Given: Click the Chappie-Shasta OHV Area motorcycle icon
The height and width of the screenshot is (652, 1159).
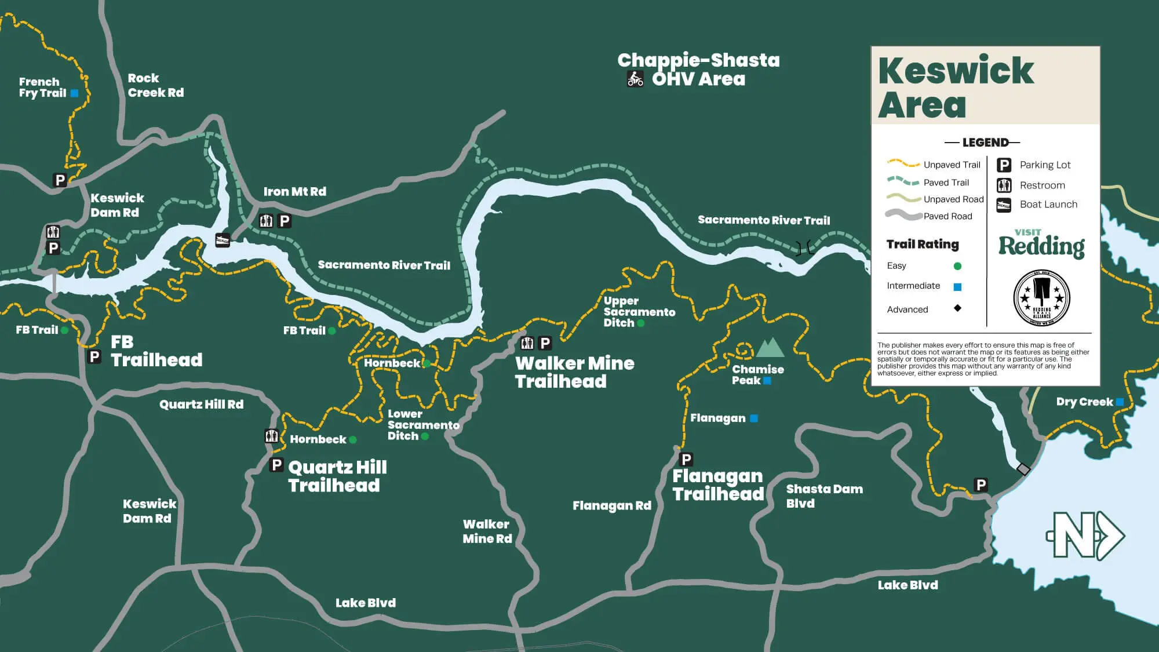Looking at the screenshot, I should coord(635,79).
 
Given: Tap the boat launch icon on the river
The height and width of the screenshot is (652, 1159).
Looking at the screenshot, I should coord(223,239).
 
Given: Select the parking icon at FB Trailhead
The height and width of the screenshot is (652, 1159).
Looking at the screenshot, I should coord(94,356).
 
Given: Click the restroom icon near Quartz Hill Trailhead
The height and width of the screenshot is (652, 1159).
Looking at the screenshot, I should coord(271,436).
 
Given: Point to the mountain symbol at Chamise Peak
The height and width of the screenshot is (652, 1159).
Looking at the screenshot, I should coord(770,348).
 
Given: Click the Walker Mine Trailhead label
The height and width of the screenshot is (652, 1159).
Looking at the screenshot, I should coord(574,372).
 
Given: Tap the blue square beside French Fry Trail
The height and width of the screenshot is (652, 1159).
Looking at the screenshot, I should coord(74,93).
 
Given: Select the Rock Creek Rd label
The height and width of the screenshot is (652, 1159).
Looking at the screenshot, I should coord(155,85).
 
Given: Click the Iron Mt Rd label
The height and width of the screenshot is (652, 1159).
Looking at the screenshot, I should coord(294,191).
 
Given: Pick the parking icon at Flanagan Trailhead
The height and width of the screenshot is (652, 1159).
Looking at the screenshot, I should coord(686,460).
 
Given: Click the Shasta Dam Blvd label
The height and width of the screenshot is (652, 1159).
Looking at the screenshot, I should coord(823,496).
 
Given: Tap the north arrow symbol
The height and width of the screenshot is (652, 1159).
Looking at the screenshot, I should coord(1085,535).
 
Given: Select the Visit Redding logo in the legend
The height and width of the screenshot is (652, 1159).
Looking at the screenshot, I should coord(1041,243).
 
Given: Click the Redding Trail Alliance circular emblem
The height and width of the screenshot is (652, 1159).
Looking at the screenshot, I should coord(1041,298).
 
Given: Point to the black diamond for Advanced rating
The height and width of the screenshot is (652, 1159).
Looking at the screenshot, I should coord(957,308).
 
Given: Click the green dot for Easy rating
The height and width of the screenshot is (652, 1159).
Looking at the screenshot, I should coord(957,266).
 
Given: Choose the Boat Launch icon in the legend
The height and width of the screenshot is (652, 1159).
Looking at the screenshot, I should coord(1004,205).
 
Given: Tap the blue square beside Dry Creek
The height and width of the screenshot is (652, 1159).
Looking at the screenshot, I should coord(1120,402).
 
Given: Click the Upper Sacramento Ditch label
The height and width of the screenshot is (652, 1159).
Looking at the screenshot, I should coord(639,312).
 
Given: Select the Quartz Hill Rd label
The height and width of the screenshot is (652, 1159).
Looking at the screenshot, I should coord(201,404).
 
